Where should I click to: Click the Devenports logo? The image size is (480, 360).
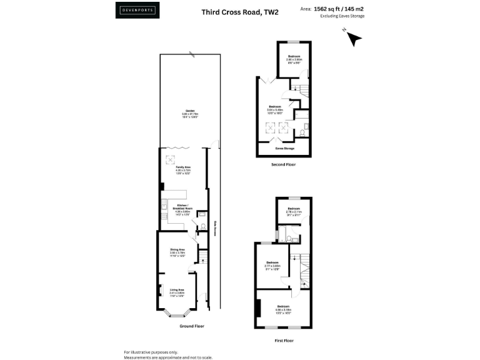pos(137,11)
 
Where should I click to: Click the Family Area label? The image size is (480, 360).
pos(182,168)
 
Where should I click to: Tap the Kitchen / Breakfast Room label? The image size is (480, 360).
pos(184,207)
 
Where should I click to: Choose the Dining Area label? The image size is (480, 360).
pos(178,250)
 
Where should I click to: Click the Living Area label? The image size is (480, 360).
pos(177,290)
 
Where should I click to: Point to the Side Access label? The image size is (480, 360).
pos(214,229)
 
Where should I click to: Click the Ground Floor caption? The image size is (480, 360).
pos(191,326)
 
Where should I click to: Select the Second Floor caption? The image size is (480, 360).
pos(284,164)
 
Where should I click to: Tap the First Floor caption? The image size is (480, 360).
pos(284,341)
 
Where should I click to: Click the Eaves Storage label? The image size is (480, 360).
pos(285,149)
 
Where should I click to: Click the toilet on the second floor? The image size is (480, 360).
pos(303,132)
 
